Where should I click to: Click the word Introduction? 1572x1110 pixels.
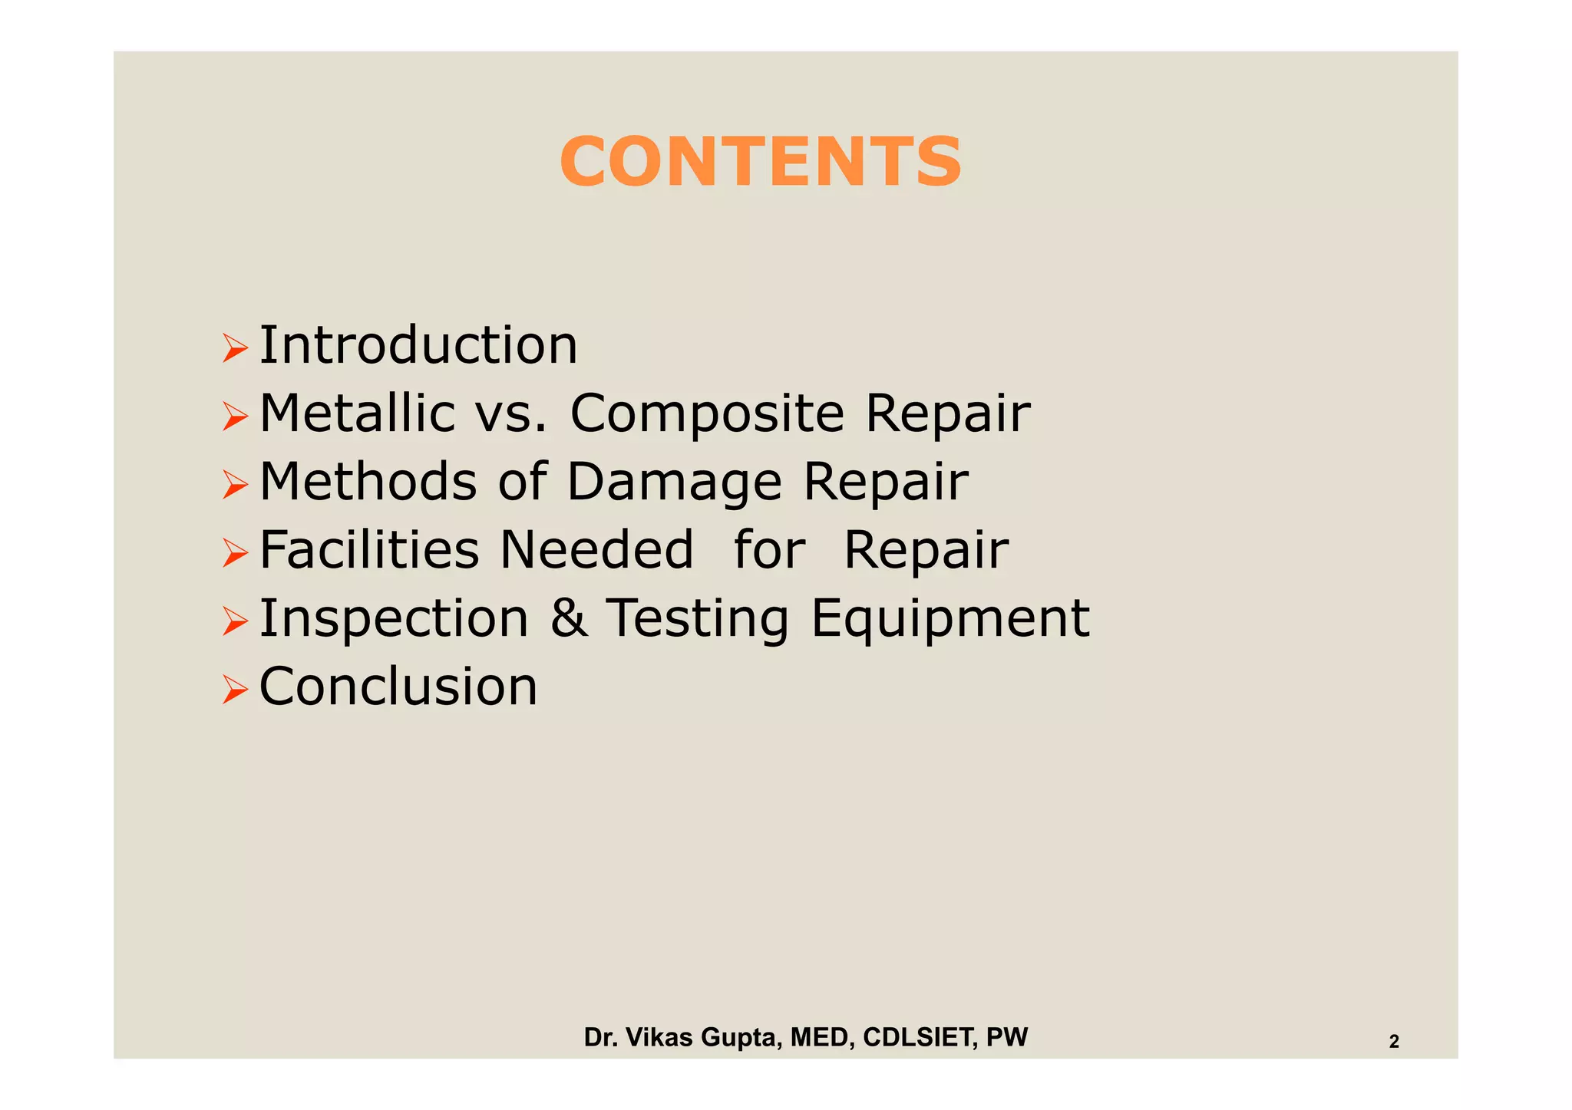tap(418, 345)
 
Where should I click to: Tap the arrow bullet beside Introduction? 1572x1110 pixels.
tap(235, 348)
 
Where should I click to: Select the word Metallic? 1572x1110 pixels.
tap(357, 413)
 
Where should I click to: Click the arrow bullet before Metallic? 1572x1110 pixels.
tap(235, 417)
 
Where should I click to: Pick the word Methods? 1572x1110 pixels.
tap(368, 482)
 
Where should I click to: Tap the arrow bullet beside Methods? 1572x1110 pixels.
tap(235, 485)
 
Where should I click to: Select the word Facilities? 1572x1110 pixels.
tap(369, 549)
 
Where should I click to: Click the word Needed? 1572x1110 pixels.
tap(596, 549)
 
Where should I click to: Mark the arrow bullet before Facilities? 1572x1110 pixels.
tap(235, 553)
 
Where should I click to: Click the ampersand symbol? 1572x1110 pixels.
tap(569, 618)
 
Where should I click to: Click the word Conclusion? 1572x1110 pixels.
tap(398, 686)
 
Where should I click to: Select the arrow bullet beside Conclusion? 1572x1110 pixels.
tap(235, 690)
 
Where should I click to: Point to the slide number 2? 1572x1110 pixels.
tap(1394, 1042)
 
